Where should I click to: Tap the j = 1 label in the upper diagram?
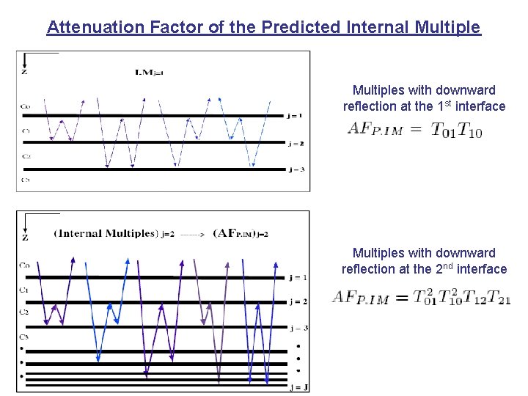(x=295, y=115)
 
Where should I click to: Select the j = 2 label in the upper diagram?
(x=295, y=143)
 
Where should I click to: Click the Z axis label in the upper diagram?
(x=25, y=72)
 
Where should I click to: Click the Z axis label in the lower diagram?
(x=26, y=237)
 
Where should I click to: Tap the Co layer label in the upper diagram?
(x=26, y=106)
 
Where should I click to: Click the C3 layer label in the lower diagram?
(x=25, y=337)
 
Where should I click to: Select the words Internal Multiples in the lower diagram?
(x=108, y=234)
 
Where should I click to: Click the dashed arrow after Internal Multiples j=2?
(x=192, y=234)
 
